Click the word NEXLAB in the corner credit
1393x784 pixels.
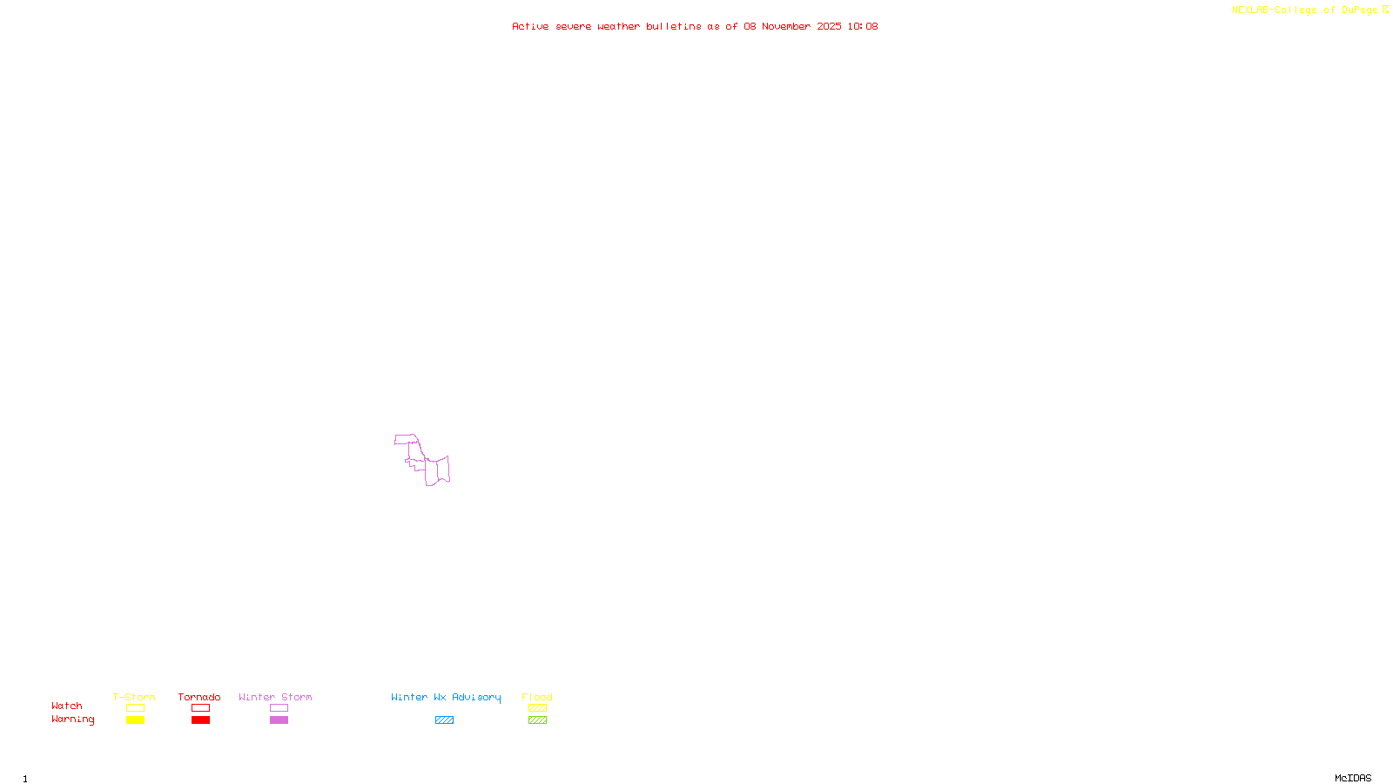(1250, 10)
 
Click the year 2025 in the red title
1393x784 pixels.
(829, 26)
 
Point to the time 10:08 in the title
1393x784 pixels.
(863, 26)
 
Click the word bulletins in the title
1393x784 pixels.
(674, 26)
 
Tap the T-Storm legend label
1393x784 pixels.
(134, 697)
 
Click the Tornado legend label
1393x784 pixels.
(199, 697)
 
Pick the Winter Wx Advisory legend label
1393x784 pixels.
(446, 697)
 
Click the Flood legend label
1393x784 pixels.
(537, 697)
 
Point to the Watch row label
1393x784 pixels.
(67, 706)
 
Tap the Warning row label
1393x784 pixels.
(72, 720)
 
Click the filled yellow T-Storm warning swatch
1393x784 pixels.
(135, 720)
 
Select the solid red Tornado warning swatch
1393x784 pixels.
(200, 720)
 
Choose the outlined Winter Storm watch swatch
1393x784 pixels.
(279, 708)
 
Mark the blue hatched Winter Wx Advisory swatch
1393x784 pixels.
(444, 720)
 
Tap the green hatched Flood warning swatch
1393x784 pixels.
(537, 720)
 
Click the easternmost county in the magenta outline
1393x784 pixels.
(443, 469)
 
